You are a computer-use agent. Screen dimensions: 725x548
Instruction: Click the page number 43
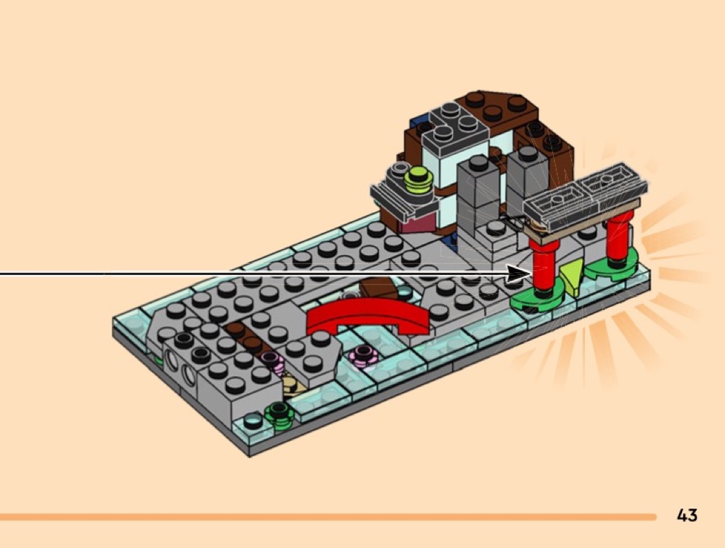[x=686, y=515]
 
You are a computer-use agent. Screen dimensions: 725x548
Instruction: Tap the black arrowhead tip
[x=532, y=274]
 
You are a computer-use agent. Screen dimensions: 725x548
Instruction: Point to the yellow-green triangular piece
[x=572, y=277]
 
